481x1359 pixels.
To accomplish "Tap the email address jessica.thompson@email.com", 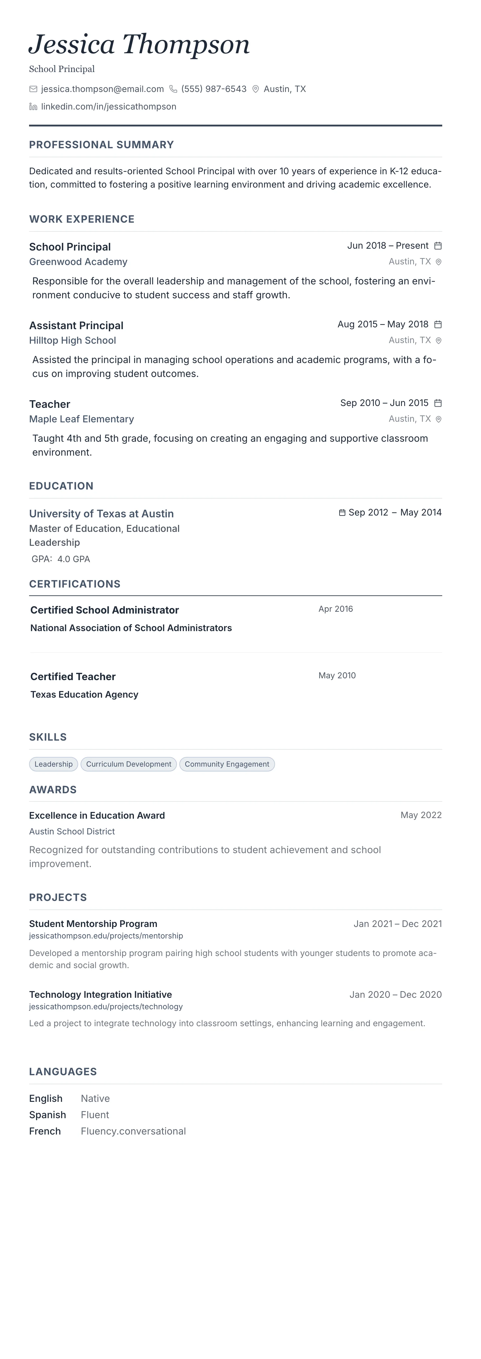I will (102, 89).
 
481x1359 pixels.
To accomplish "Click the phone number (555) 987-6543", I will (214, 89).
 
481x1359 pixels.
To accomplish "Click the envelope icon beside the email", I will (33, 89).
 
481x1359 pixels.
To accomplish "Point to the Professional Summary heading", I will (101, 145).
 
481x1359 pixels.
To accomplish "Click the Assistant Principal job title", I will (76, 326).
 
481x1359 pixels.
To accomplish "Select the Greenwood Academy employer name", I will (78, 262).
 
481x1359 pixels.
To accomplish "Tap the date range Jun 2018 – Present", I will (387, 246).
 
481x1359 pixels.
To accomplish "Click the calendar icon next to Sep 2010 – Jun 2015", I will (438, 403).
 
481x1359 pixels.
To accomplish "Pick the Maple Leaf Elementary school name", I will (81, 419).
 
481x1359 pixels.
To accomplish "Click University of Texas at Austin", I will (101, 514).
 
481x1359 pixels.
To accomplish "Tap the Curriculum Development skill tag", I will (128, 765).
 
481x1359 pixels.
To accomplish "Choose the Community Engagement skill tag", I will (227, 765).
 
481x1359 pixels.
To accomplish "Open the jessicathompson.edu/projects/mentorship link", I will (106, 936).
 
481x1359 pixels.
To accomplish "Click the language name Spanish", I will (48, 1115).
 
